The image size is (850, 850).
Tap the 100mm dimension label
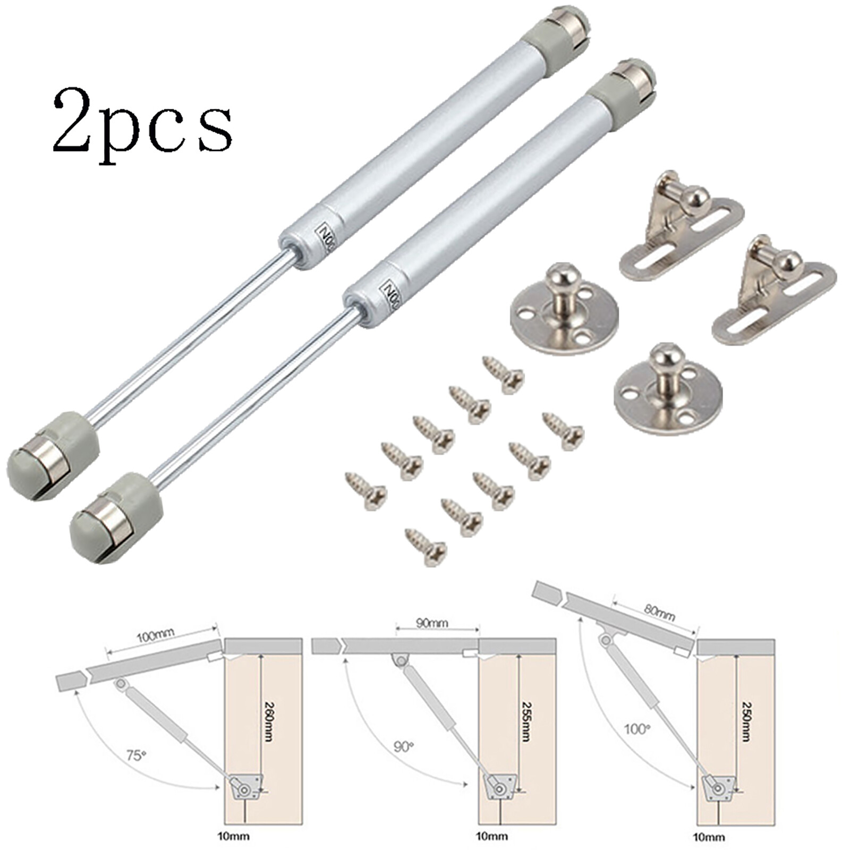point(156,635)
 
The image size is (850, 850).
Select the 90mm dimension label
point(432,623)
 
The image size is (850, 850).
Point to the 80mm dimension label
point(660,612)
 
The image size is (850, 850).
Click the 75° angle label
point(136,755)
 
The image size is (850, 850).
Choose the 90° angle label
point(403,746)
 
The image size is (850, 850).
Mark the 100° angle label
point(637,728)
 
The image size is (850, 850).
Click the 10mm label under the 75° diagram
point(233,836)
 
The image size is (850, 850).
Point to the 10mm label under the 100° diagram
point(709,837)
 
